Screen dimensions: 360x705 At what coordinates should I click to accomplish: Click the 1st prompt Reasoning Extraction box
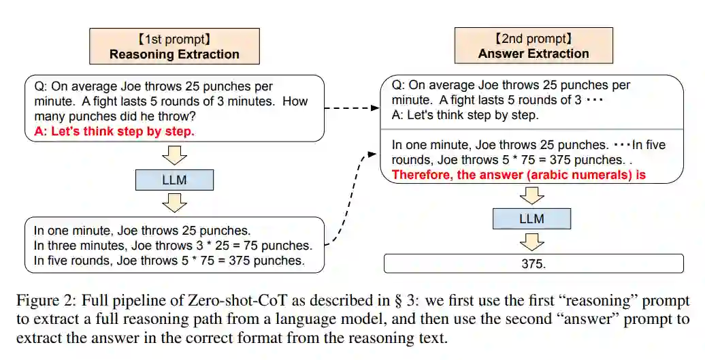point(174,46)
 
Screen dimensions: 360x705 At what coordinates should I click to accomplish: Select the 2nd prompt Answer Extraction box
point(534,46)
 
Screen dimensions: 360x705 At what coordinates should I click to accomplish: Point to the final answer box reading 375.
point(534,263)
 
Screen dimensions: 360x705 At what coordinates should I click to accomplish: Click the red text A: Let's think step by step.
point(114,131)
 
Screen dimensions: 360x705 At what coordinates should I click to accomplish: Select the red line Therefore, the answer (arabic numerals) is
point(519,175)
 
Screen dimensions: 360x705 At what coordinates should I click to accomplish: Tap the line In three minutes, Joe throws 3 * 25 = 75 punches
point(173,245)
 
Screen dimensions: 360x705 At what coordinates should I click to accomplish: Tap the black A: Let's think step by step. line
point(465,115)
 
